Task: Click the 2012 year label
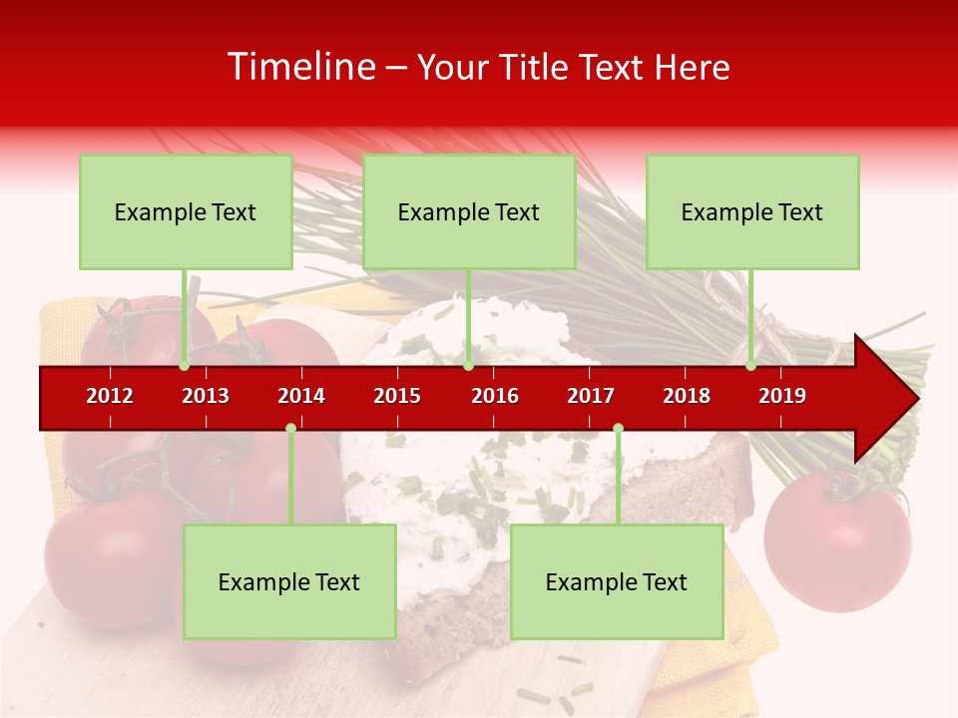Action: point(110,396)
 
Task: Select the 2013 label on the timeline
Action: point(206,396)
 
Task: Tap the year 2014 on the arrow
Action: point(301,396)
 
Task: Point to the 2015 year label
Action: point(397,396)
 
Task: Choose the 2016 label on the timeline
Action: point(495,396)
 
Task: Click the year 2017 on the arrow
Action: point(591,396)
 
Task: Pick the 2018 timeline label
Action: point(687,396)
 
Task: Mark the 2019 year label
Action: point(782,396)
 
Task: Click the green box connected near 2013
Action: point(186,211)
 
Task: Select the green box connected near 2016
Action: point(469,211)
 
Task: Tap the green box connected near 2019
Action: point(752,211)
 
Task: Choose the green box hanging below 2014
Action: point(289,581)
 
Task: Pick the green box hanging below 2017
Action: point(617,581)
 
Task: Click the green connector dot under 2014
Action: point(290,428)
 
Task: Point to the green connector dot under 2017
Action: point(618,428)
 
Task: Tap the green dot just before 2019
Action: point(750,365)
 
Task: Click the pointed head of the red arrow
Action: point(893,398)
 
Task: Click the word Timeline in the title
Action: point(299,67)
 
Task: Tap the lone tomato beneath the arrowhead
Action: point(837,538)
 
